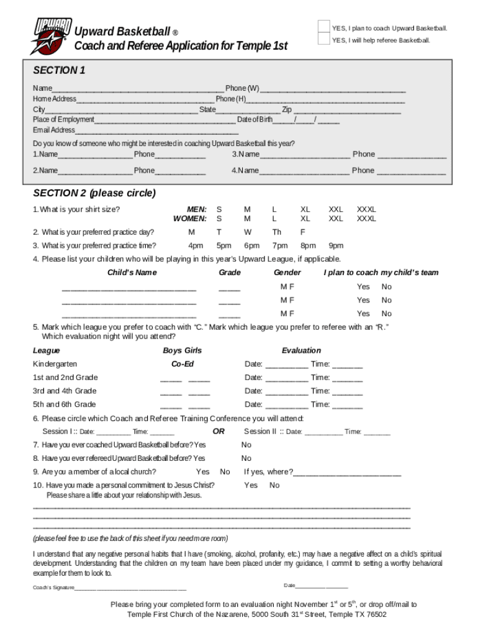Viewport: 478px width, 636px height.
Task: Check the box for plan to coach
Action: click(x=323, y=26)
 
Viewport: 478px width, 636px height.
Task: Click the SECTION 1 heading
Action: click(x=59, y=70)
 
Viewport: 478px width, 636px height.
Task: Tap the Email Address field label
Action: click(x=54, y=130)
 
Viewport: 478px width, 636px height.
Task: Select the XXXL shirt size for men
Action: click(x=366, y=210)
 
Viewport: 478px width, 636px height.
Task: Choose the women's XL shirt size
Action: click(x=305, y=219)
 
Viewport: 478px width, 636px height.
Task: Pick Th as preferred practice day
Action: click(x=276, y=232)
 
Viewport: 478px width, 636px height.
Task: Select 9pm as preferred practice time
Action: click(x=336, y=245)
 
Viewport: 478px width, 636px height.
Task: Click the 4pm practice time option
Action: click(x=196, y=245)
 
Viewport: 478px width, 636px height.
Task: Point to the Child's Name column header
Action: click(x=132, y=272)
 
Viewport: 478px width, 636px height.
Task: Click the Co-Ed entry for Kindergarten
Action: click(x=183, y=364)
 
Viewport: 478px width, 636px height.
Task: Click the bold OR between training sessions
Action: click(x=219, y=431)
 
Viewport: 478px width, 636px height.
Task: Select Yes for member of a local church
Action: click(x=202, y=471)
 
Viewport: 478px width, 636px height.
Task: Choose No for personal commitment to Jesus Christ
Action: click(x=274, y=485)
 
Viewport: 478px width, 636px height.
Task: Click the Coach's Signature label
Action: click(x=53, y=587)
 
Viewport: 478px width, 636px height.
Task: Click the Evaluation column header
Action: click(x=301, y=350)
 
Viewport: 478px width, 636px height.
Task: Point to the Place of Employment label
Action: click(x=63, y=119)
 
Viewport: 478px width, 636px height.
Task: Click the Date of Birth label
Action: click(x=255, y=119)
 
